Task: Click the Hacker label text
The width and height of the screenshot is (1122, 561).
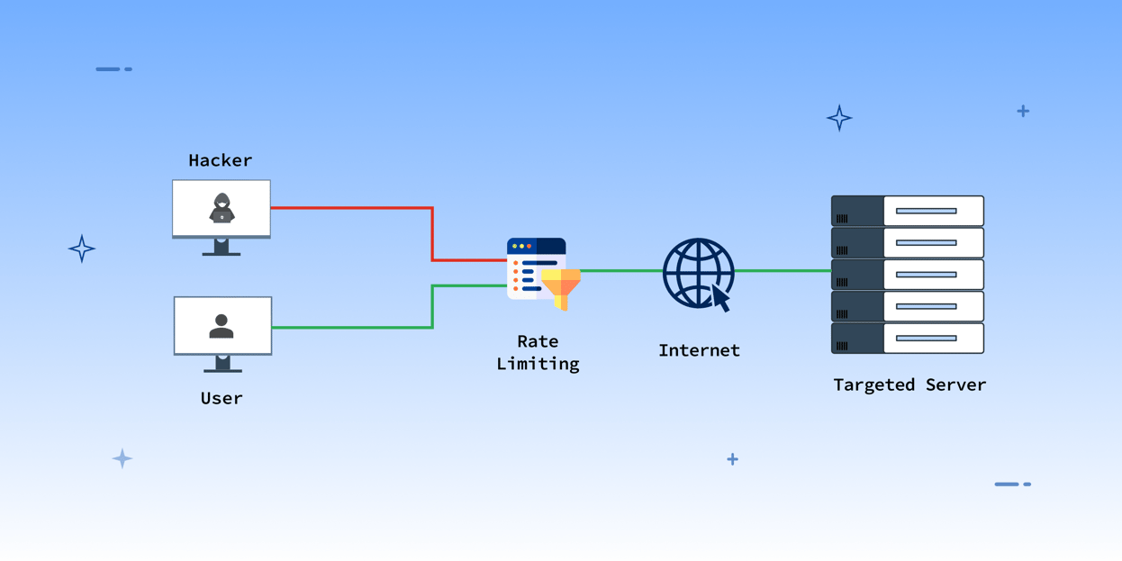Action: coord(220,160)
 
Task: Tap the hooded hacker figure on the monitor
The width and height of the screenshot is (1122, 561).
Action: coord(222,208)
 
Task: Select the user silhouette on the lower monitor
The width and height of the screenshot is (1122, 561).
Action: coord(222,326)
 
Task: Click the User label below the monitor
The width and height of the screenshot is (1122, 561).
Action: coord(222,398)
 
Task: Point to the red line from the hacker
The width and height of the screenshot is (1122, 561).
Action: coord(351,208)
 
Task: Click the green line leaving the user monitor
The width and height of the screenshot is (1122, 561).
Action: coord(351,327)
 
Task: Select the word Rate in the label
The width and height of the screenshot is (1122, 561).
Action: coord(538,341)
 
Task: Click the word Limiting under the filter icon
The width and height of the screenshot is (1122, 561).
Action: coord(538,364)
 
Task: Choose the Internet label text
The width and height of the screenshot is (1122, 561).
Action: coord(699,350)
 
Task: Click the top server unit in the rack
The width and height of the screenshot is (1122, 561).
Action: coord(907,211)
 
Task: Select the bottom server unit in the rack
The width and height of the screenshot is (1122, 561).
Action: coord(907,339)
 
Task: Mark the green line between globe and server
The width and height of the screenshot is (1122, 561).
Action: coord(782,270)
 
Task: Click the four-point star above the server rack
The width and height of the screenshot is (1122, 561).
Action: coord(839,118)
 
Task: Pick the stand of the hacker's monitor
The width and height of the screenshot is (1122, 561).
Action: coord(222,248)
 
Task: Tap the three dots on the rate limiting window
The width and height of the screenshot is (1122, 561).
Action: coord(521,246)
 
